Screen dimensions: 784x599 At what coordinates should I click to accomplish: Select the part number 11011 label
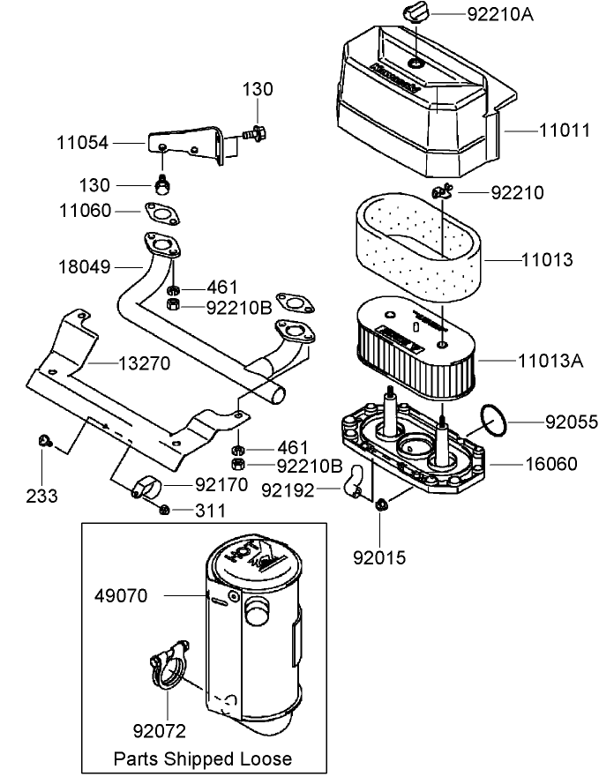(x=565, y=131)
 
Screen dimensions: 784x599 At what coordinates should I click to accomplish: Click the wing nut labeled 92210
(x=442, y=191)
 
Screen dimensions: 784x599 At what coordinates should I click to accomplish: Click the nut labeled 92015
(x=381, y=506)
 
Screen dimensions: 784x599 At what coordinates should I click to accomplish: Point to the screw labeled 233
(x=44, y=440)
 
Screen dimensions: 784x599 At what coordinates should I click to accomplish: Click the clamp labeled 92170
(x=146, y=487)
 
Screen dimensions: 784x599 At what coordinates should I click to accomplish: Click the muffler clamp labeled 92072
(x=165, y=669)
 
